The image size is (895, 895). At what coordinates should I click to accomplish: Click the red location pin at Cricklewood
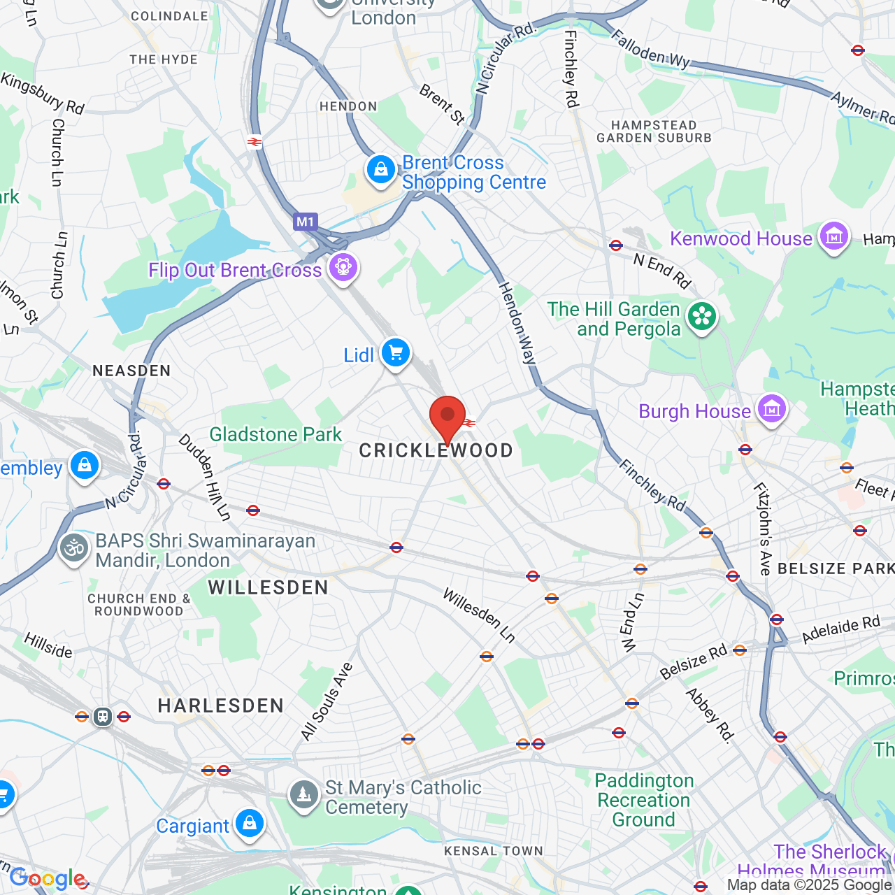coord(447,417)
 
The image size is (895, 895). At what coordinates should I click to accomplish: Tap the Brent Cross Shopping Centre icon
coord(381,170)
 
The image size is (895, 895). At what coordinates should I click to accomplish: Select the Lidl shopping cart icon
coord(396,353)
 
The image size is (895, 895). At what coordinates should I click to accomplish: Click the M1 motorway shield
coord(306,222)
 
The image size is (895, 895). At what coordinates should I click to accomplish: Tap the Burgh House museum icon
coord(772,409)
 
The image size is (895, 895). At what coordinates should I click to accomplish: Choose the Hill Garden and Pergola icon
coord(702,317)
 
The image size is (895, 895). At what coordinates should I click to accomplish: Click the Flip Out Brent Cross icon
coord(343,268)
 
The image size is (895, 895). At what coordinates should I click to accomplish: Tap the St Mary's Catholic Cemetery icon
coord(303,795)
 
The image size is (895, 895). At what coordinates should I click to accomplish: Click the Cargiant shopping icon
coord(249,824)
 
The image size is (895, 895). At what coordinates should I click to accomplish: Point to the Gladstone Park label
coord(275,434)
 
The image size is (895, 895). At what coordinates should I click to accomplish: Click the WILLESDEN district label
coord(268,587)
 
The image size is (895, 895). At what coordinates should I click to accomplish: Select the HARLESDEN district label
coord(221,706)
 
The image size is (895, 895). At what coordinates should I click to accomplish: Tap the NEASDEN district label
coord(131,371)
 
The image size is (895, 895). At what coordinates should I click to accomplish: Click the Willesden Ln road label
coord(479,615)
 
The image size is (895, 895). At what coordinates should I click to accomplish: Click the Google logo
coord(48,878)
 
